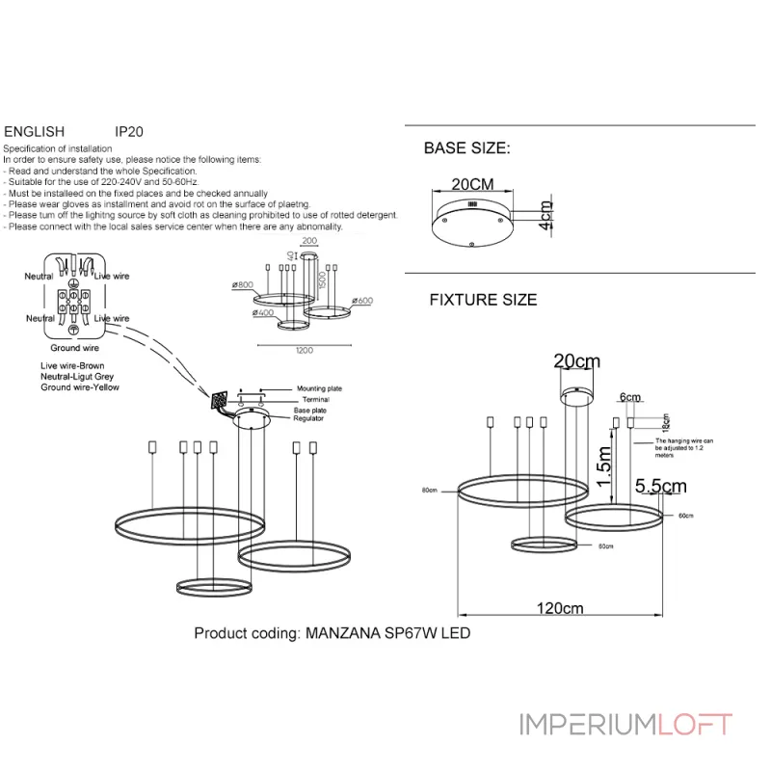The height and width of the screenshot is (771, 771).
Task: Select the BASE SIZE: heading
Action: tap(466, 148)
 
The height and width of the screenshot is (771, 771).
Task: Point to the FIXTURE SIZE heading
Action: tap(483, 300)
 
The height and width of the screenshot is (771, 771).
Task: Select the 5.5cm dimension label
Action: tap(660, 487)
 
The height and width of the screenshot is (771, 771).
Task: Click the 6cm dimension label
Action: tap(630, 397)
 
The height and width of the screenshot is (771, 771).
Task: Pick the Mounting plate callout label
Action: tap(320, 388)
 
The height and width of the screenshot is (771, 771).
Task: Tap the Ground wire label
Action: tap(74, 347)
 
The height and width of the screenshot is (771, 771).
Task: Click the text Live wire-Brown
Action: tap(72, 367)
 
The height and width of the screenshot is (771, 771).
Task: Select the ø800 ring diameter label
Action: tap(242, 285)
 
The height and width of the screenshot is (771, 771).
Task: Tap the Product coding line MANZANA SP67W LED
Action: tap(332, 633)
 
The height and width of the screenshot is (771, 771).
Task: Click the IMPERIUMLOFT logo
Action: tap(625, 725)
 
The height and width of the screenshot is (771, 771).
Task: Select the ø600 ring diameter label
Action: tap(362, 301)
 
